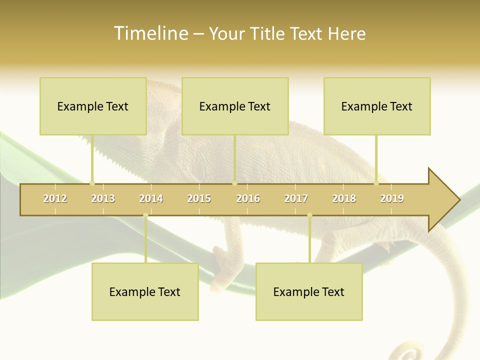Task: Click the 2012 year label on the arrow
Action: tap(55, 198)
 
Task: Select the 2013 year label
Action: tap(103, 198)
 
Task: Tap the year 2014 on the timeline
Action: tap(151, 198)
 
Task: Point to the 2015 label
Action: tap(199, 198)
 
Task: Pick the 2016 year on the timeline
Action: tap(248, 198)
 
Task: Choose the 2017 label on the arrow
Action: tap(296, 198)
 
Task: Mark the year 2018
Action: tap(344, 198)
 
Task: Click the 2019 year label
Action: tap(392, 198)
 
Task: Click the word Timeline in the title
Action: tap(150, 33)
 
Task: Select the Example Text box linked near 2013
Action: tap(93, 106)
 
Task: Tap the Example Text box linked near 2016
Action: tap(235, 106)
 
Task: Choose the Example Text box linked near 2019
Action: tap(377, 106)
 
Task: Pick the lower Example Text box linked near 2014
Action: tap(145, 291)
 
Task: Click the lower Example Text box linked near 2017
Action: tap(309, 291)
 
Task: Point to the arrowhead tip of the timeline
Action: tap(458, 200)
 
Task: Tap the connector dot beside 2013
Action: tap(92, 183)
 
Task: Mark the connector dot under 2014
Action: tap(145, 215)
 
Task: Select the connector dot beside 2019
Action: tap(376, 183)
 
